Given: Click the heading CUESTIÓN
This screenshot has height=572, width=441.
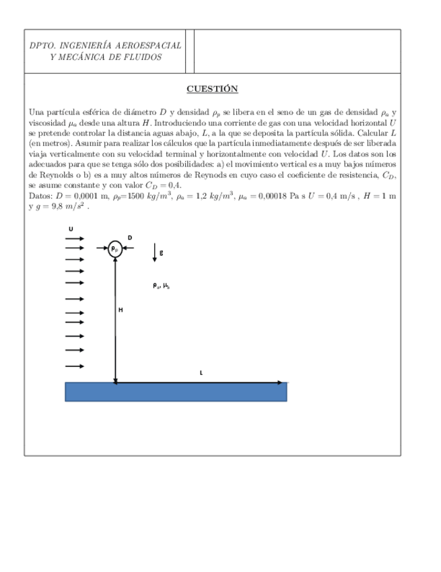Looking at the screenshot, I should [212, 89].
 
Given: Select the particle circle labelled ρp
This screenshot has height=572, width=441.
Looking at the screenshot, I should [115, 249].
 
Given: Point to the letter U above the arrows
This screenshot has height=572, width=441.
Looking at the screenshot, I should [71, 229].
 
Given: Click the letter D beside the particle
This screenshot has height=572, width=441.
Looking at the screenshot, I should [130, 237].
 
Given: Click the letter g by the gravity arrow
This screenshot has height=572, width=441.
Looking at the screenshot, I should [161, 252].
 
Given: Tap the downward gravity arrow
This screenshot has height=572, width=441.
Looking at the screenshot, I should [155, 252].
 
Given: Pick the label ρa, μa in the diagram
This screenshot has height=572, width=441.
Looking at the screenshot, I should [160, 285].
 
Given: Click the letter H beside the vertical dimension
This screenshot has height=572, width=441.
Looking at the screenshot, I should [121, 310].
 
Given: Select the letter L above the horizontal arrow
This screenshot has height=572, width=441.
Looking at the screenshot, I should [201, 372].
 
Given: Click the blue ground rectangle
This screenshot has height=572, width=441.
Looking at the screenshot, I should [176, 392].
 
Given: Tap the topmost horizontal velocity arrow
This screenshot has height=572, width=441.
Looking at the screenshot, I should [73, 238].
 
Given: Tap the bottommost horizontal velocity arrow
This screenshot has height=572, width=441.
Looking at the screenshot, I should [73, 366].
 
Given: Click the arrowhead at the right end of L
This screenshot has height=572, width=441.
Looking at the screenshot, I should [281, 382].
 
